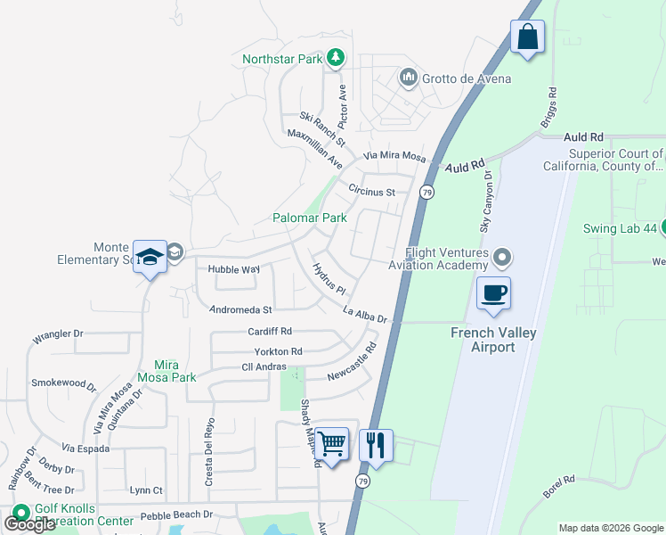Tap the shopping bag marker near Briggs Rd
(527, 38)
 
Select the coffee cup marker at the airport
(493, 293)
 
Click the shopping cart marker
(332, 443)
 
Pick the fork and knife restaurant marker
(376, 444)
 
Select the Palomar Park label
(309, 218)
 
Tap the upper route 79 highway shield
(427, 192)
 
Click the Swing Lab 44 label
(620, 228)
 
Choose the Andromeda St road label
(240, 310)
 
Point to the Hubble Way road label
(233, 269)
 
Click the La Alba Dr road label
(365, 314)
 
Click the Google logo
(29, 524)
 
